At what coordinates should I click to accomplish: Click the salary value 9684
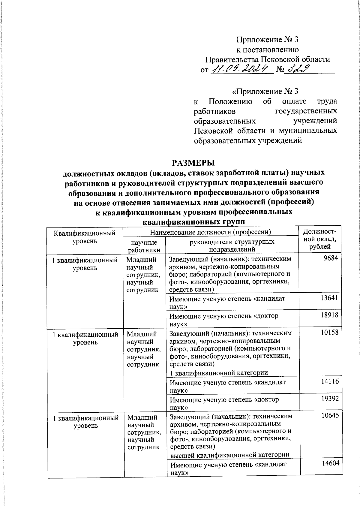coord(331,258)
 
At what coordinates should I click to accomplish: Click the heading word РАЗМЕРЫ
coord(193,163)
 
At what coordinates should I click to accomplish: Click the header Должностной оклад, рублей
coord(320,239)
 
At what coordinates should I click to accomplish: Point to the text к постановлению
coord(267,50)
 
